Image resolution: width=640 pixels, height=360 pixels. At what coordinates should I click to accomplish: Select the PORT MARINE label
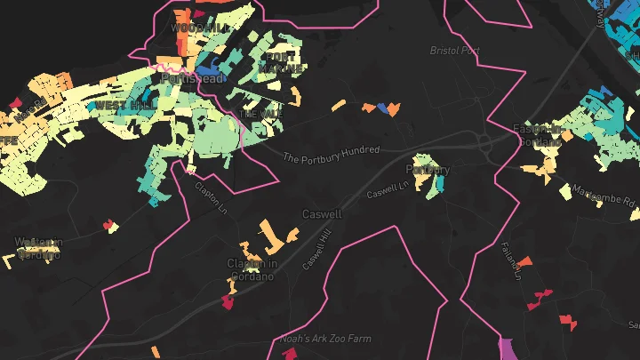click(279, 61)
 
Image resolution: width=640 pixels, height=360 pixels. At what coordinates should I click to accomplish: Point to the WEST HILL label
click(118, 105)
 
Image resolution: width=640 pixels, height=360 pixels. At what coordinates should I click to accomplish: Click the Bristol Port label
click(454, 51)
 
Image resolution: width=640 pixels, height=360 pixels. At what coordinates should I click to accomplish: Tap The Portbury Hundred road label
click(332, 154)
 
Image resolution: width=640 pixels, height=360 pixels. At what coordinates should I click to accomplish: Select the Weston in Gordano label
click(38, 247)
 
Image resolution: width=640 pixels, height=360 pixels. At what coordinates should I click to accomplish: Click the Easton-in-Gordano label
click(539, 134)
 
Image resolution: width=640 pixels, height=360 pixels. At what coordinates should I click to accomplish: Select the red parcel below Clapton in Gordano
click(228, 301)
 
